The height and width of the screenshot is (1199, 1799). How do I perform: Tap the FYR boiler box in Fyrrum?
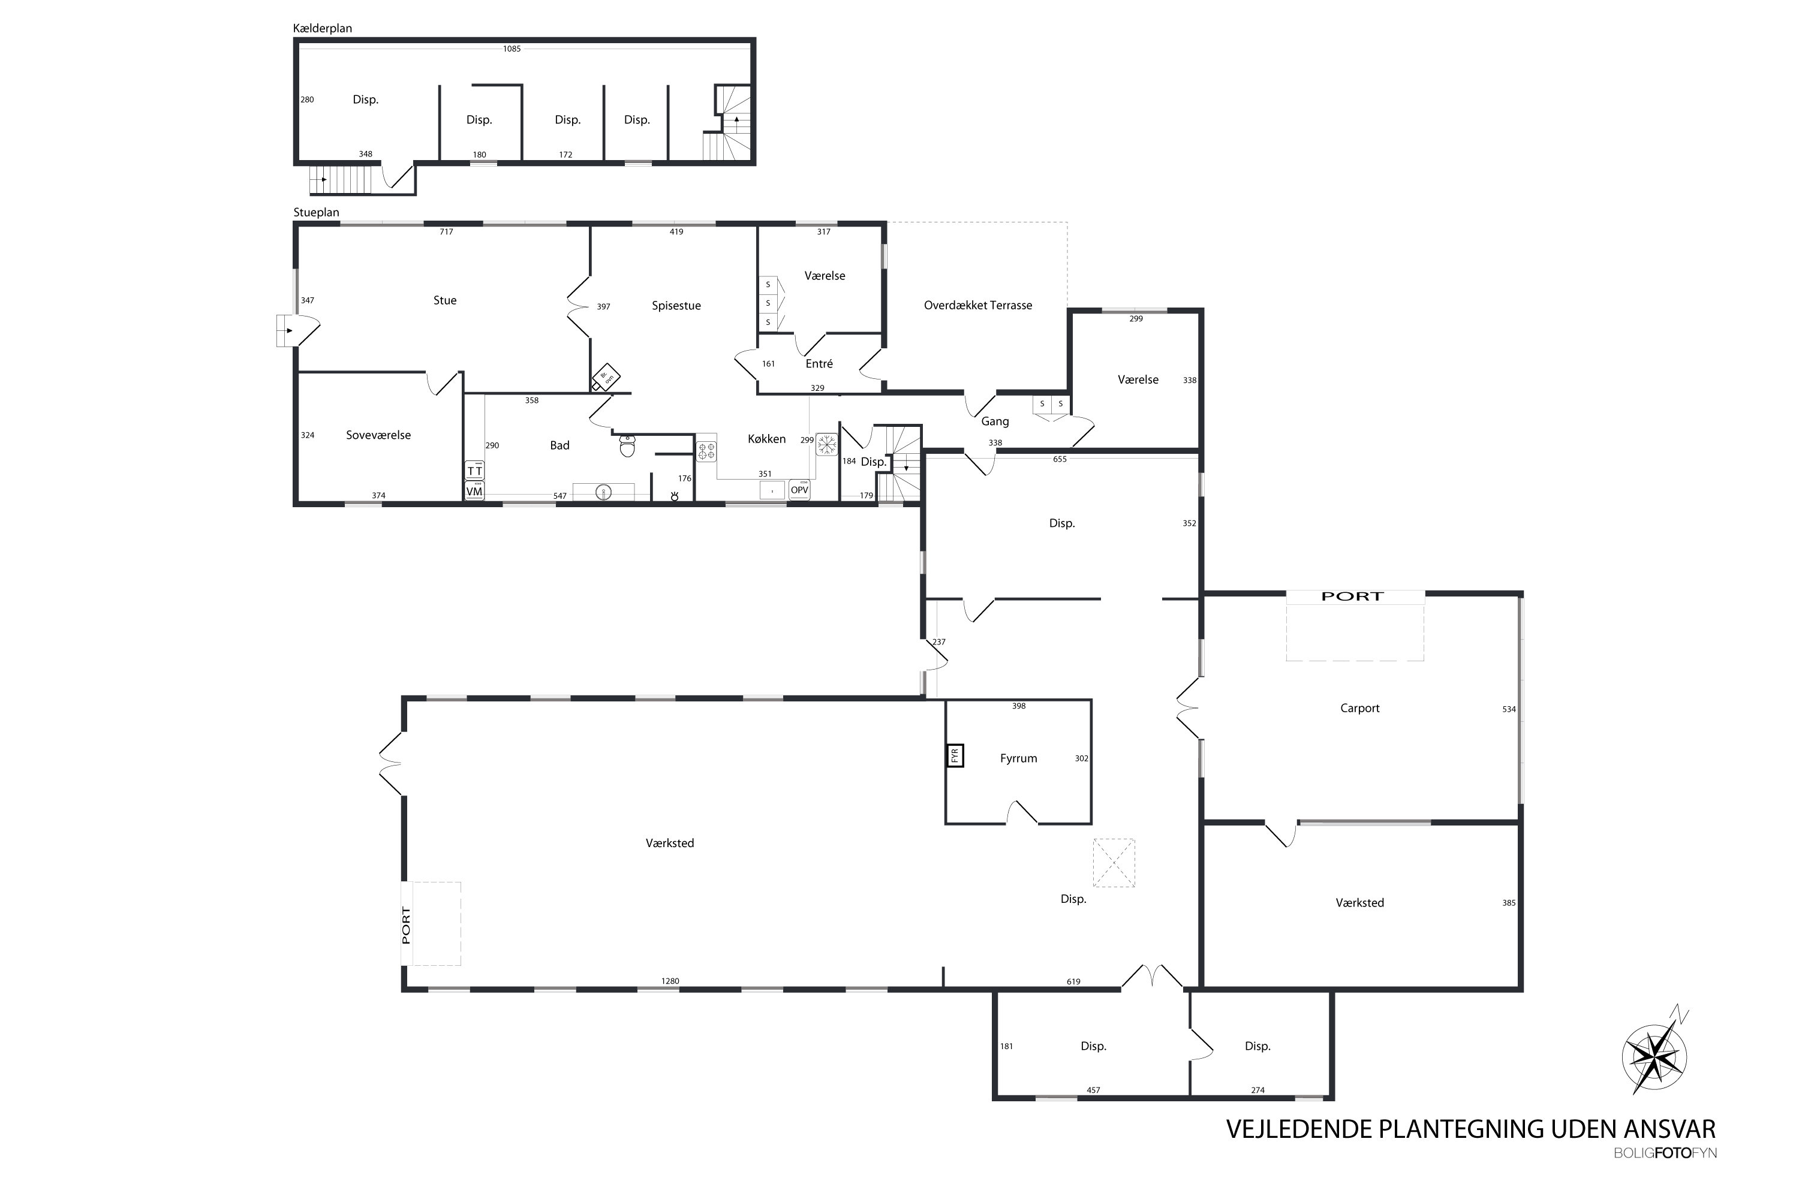pos(955,755)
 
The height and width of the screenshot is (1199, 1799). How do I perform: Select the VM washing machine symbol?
pos(474,491)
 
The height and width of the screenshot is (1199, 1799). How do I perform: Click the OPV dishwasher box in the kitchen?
pos(799,489)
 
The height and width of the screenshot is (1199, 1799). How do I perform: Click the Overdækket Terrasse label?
pos(977,305)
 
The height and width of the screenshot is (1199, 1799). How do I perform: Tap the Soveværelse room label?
pos(378,435)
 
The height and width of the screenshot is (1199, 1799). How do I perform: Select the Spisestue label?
pos(676,306)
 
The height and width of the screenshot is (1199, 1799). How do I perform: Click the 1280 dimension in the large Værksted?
pos(670,981)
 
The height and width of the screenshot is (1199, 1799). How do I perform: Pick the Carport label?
pos(1360,708)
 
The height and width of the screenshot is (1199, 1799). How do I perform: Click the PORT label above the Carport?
pos(1352,597)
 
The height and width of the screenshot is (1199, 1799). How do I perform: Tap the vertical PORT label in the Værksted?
pos(406,925)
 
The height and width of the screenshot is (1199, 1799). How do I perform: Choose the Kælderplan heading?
pos(322,28)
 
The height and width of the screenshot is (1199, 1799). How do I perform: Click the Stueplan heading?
pos(316,213)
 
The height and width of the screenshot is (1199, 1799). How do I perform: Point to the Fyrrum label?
pos(1019,758)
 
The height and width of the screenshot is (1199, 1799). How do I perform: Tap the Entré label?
pos(819,364)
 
